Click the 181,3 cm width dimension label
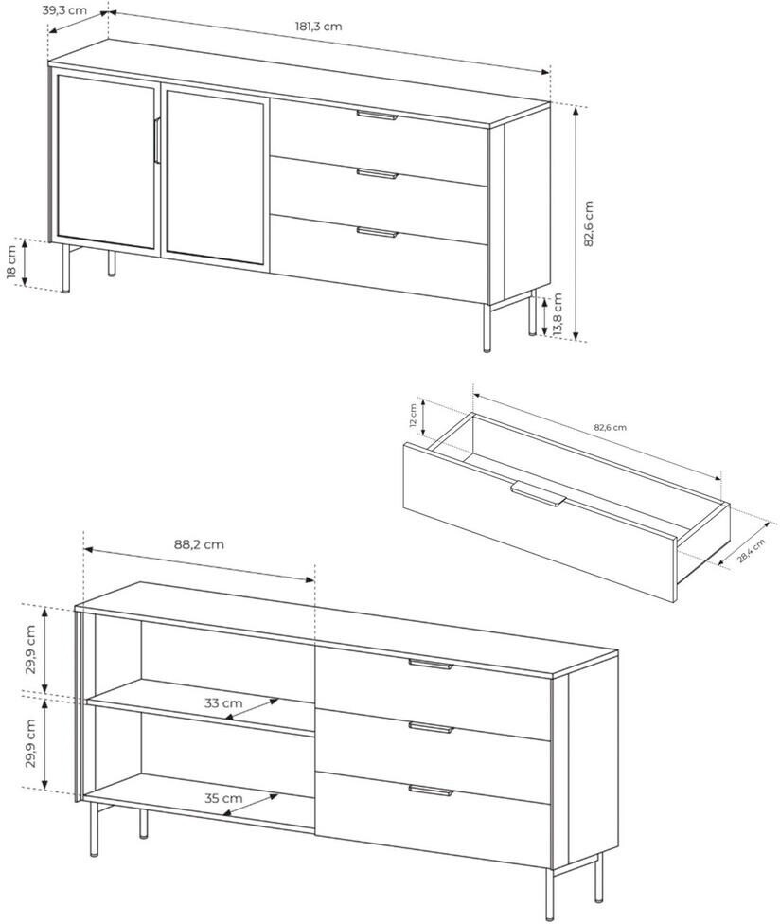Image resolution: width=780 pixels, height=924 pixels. click(x=318, y=27)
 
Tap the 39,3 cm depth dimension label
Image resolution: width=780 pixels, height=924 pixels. click(x=64, y=10)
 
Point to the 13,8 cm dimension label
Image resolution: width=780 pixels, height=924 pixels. click(x=558, y=314)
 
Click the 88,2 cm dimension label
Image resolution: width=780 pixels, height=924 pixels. click(x=199, y=544)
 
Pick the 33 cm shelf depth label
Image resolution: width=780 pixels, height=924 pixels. click(x=223, y=703)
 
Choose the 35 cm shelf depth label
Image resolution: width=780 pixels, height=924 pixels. click(x=223, y=798)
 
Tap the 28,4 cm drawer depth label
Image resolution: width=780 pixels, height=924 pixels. click(x=752, y=551)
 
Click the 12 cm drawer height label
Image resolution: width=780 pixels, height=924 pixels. click(x=413, y=415)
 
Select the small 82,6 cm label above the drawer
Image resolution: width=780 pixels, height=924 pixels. click(x=610, y=427)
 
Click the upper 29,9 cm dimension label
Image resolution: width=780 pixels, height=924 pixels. click(x=31, y=649)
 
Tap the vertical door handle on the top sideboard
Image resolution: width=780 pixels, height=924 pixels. click(x=156, y=140)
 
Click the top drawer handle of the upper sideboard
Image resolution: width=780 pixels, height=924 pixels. click(x=378, y=115)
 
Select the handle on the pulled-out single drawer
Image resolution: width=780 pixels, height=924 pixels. click(x=539, y=492)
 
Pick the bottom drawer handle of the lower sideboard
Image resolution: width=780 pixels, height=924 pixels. click(x=432, y=790)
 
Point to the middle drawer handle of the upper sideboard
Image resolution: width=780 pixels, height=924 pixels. click(x=378, y=173)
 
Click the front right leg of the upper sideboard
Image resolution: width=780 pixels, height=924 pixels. click(x=487, y=328)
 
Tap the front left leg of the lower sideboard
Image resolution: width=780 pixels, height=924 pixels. click(x=95, y=828)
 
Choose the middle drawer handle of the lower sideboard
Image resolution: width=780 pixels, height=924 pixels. click(x=432, y=727)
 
